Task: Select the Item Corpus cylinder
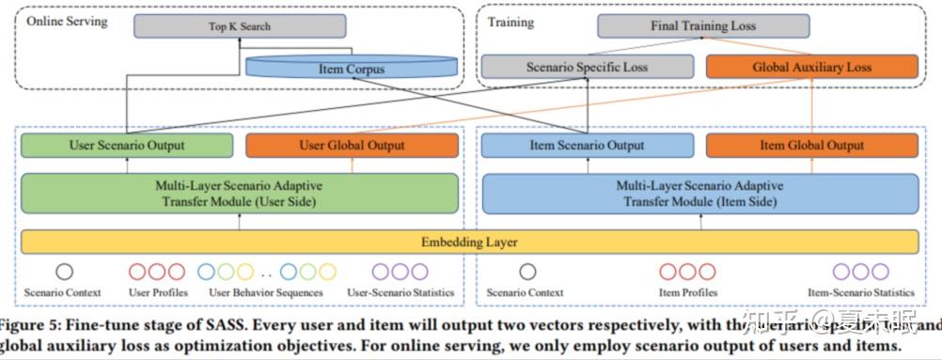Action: [351, 68]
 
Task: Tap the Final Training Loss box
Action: [702, 26]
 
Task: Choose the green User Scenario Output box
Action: [127, 146]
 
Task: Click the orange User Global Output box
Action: [353, 146]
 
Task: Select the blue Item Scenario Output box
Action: [588, 146]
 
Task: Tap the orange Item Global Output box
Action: [812, 146]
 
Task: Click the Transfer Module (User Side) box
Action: [239, 193]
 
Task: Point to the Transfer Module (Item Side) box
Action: [700, 193]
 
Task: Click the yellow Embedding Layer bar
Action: [470, 242]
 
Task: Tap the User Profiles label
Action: [158, 293]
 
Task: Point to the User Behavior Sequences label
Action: [266, 293]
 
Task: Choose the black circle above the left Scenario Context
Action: [64, 272]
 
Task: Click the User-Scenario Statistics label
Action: [400, 293]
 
